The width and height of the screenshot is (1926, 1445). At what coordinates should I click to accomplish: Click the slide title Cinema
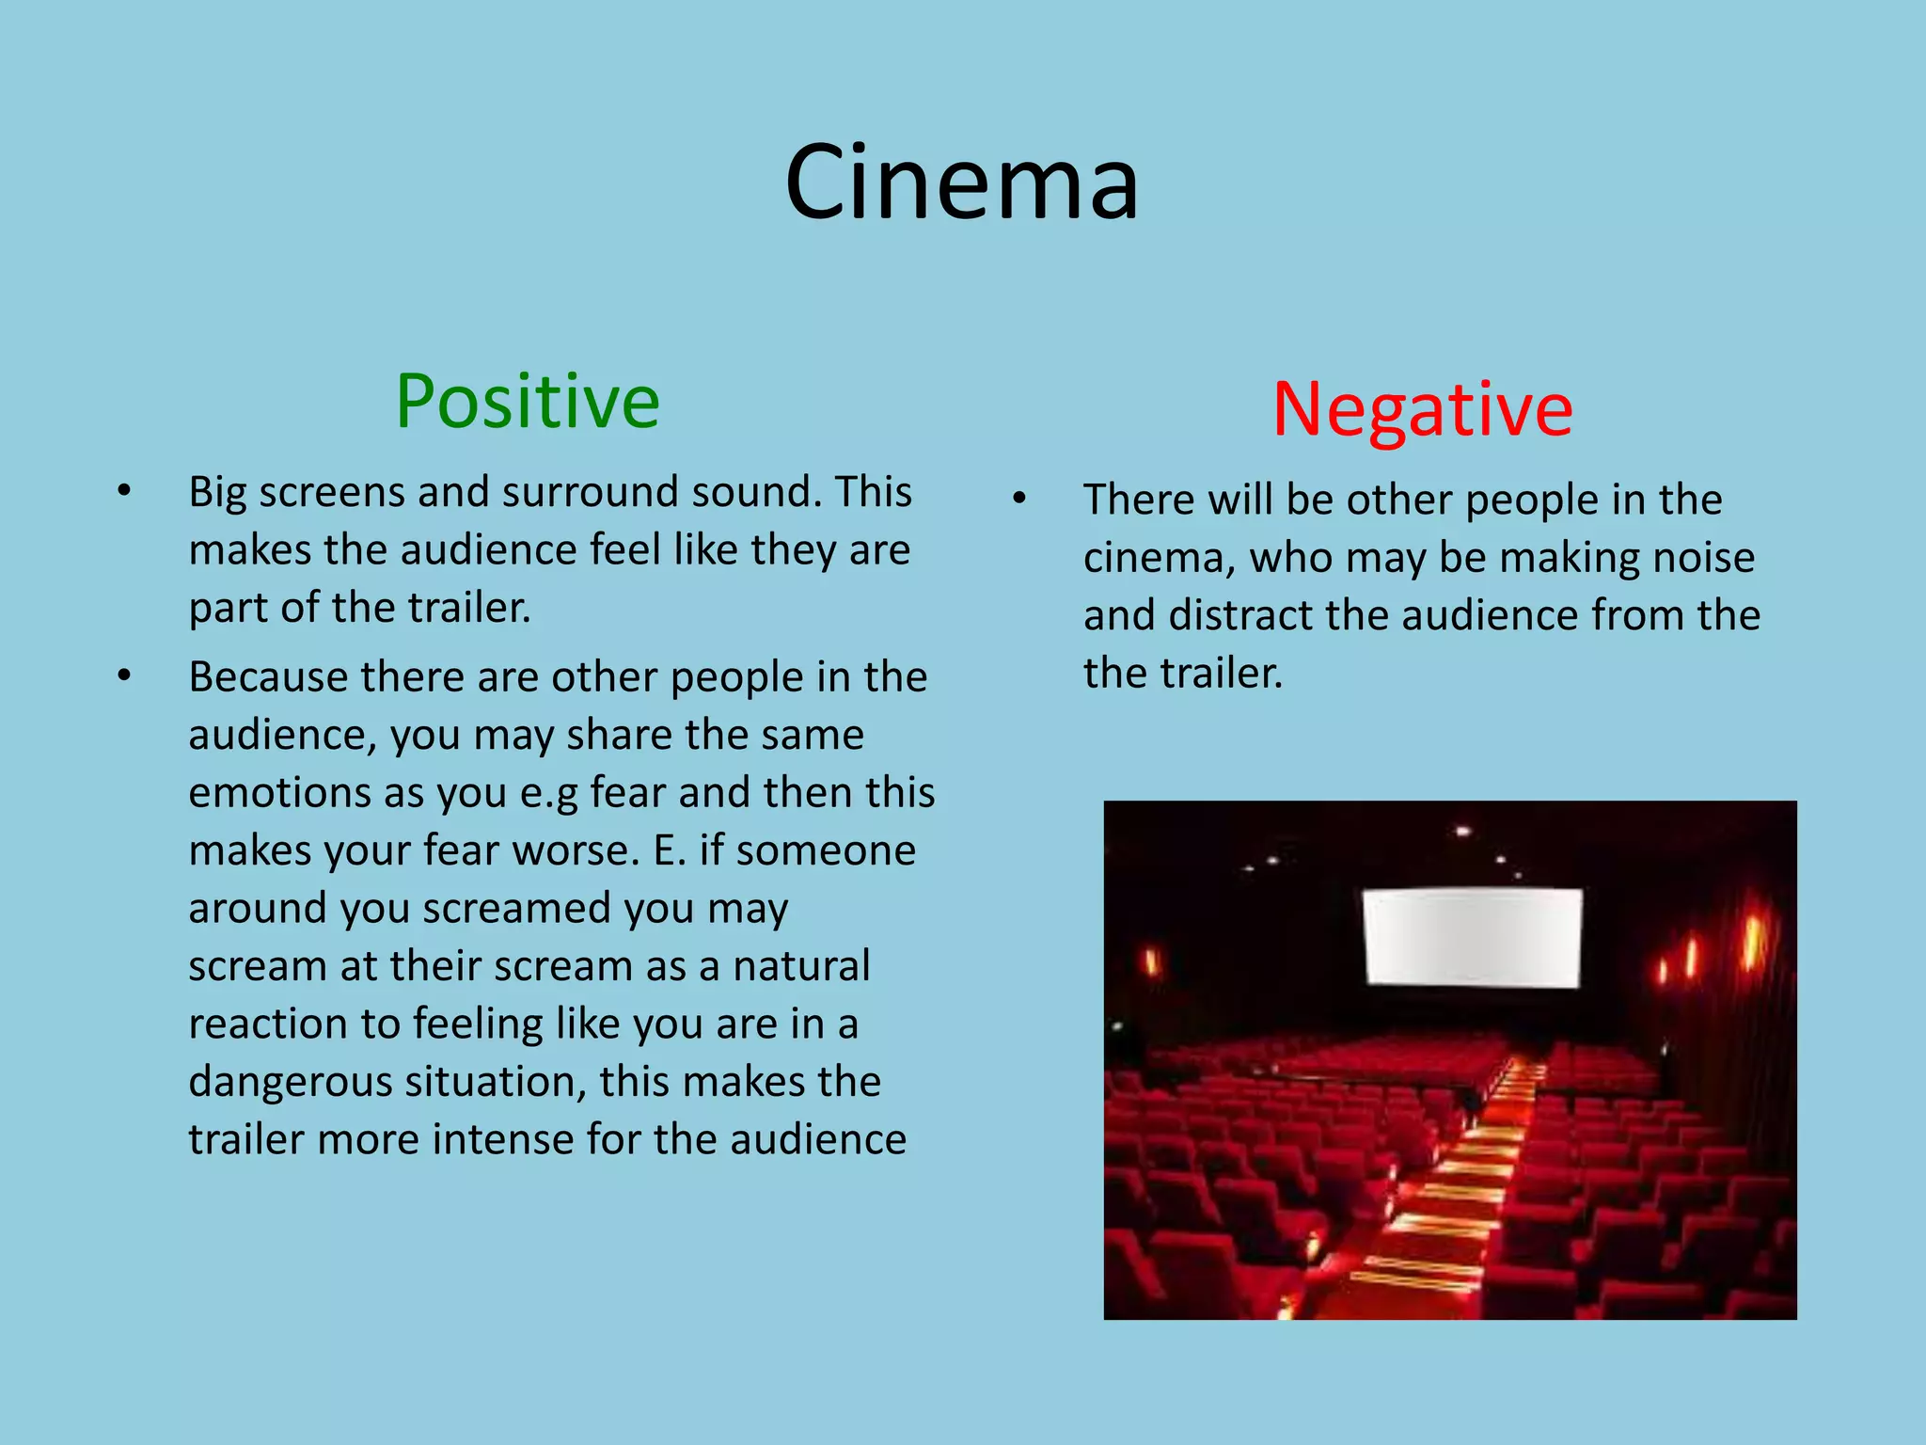pyautogui.click(x=961, y=183)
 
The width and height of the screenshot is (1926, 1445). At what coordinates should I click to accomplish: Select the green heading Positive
pyautogui.click(x=527, y=402)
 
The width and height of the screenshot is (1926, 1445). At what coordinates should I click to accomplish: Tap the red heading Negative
pyautogui.click(x=1422, y=409)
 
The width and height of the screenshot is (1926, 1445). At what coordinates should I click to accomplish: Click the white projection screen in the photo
pyautogui.click(x=1472, y=937)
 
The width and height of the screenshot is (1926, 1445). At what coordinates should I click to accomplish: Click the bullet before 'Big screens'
pyautogui.click(x=124, y=491)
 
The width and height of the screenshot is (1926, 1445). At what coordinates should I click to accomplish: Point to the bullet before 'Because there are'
pyautogui.click(x=124, y=676)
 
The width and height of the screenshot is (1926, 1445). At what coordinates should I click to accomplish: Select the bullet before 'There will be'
pyautogui.click(x=1019, y=499)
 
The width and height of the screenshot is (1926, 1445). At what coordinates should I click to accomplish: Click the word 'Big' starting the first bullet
pyautogui.click(x=217, y=493)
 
